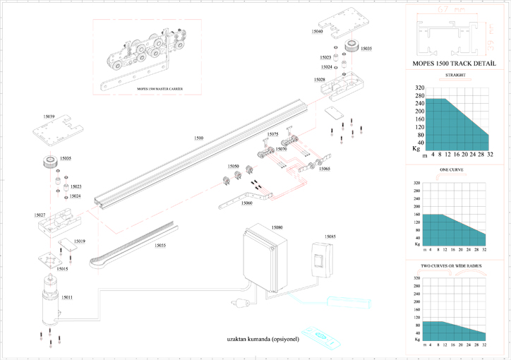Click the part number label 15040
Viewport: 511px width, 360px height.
click(317, 32)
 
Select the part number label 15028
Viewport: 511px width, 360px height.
click(319, 80)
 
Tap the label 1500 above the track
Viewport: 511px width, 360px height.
click(199, 138)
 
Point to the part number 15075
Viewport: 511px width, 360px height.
click(272, 134)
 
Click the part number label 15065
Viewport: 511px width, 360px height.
click(324, 169)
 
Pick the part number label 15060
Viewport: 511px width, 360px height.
click(246, 203)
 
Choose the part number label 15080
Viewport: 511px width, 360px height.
click(277, 227)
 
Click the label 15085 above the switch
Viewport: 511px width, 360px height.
click(330, 236)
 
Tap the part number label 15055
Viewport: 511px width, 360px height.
click(160, 245)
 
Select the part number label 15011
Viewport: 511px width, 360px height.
click(67, 297)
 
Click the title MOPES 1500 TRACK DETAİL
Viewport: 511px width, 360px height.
click(455, 64)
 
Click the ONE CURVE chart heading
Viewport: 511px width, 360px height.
click(454, 169)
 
